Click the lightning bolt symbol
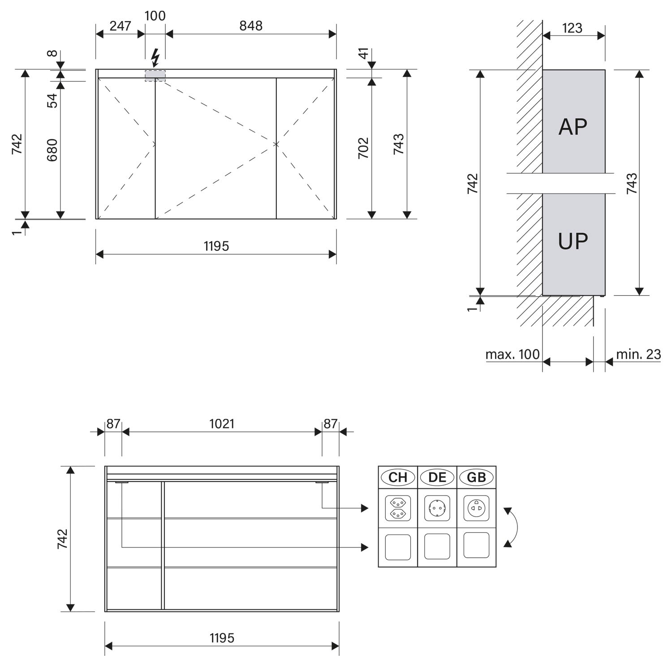point(155,57)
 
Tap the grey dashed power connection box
point(155,76)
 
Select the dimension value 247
point(120,26)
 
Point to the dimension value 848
point(251,26)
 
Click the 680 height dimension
point(52,150)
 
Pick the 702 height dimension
point(363,148)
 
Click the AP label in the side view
point(573,127)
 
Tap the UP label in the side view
point(573,241)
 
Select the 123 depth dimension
point(572,28)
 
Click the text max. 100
point(513,354)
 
